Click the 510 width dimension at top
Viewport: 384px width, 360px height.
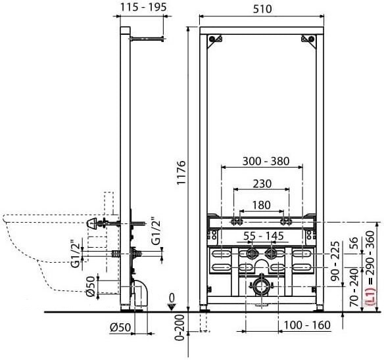[x=262, y=9]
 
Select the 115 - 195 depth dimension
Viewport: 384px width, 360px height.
[x=143, y=7]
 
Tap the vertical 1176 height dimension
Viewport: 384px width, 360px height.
[x=182, y=173]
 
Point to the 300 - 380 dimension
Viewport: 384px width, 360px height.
[x=266, y=162]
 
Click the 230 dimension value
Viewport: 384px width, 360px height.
[x=262, y=184]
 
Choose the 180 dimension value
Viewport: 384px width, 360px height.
[x=261, y=205]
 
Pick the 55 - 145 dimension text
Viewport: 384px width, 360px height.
[x=264, y=236]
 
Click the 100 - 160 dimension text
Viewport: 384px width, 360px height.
[x=307, y=325]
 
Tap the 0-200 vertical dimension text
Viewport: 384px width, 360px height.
[x=180, y=328]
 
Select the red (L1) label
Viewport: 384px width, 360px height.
[x=371, y=296]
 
